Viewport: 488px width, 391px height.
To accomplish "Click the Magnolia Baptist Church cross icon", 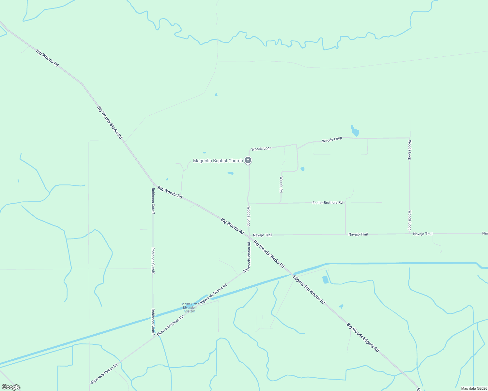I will [x=248, y=160].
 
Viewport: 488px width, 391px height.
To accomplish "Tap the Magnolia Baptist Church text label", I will [x=218, y=161].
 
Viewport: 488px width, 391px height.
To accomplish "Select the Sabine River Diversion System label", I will [x=190, y=308].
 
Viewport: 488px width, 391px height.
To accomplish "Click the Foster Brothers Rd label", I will [x=328, y=203].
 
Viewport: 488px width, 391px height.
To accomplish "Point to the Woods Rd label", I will [x=281, y=184].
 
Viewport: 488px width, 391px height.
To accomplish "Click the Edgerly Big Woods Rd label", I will [x=309, y=290].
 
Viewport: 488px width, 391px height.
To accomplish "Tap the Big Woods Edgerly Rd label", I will [x=363, y=337].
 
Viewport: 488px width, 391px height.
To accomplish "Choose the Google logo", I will [x=11, y=387].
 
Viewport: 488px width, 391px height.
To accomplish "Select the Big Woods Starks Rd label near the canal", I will [x=269, y=254].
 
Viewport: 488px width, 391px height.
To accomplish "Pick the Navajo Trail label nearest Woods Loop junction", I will [x=262, y=235].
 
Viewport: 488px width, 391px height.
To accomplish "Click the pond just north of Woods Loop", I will [x=355, y=131].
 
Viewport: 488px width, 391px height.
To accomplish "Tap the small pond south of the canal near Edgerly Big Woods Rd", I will [x=325, y=280].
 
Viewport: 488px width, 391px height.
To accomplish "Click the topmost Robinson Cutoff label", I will [x=153, y=201].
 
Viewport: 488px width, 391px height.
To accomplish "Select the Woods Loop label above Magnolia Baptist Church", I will [x=261, y=149].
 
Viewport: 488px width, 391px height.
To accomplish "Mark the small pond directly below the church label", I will [x=231, y=173].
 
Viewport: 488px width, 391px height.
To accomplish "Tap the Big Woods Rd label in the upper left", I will [x=47, y=58].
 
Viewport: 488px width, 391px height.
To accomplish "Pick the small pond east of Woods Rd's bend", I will [x=302, y=169].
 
